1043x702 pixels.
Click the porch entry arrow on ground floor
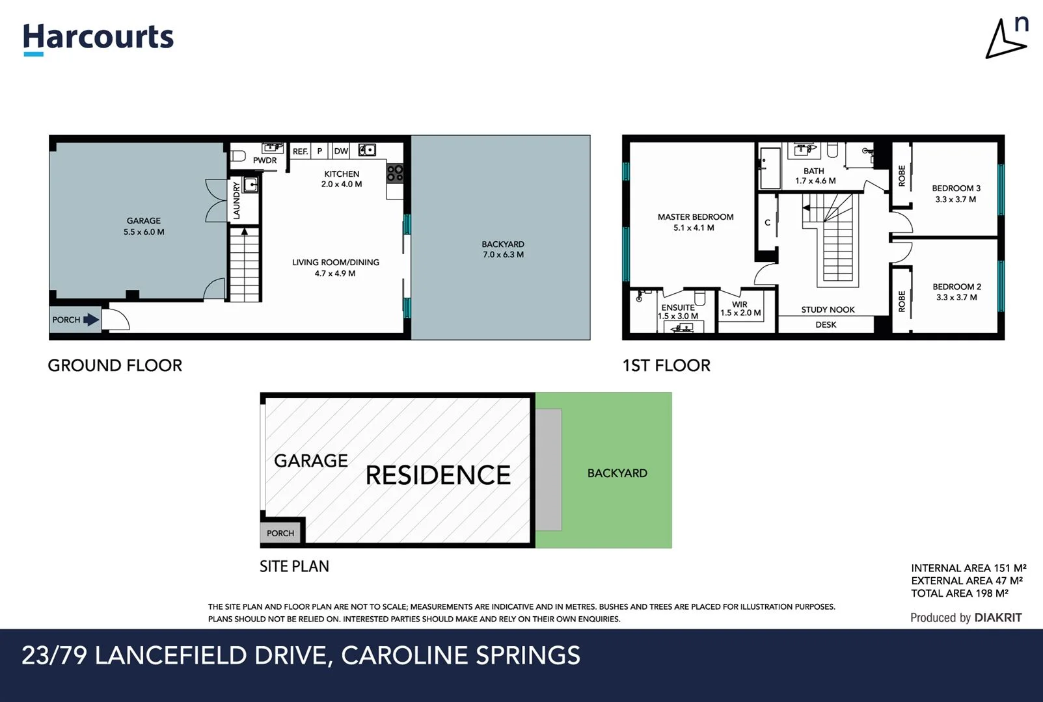tap(91, 320)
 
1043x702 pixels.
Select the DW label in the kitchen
tap(341, 151)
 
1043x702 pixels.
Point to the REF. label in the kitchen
tap(300, 151)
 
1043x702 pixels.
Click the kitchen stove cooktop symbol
tap(395, 173)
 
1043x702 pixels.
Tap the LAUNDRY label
tap(236, 200)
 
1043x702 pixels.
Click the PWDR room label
tap(265, 161)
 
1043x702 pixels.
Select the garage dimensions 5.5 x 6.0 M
tap(144, 232)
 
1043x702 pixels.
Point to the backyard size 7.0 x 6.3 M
tap(503, 255)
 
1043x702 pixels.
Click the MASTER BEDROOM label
tap(695, 217)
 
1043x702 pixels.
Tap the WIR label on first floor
tap(740, 304)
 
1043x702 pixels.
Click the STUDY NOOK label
tap(828, 310)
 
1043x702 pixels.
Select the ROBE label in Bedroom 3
tap(902, 175)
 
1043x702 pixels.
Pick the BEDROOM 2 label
tap(956, 287)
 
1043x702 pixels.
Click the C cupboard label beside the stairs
tap(767, 223)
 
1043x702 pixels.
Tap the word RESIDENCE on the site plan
tap(438, 475)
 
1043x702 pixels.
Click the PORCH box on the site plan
tap(280, 533)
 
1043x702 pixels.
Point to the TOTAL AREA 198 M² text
tap(959, 593)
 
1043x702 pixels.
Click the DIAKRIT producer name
tap(998, 617)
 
